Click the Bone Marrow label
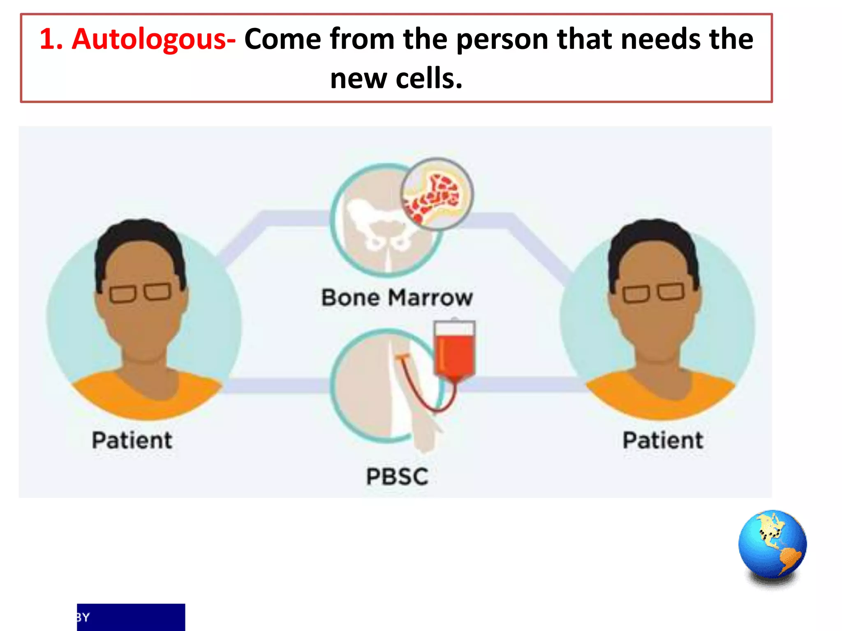(x=397, y=297)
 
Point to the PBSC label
(x=397, y=477)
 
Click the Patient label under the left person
(x=132, y=440)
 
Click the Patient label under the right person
(x=662, y=440)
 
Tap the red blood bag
(x=455, y=353)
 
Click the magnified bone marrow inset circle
(x=437, y=194)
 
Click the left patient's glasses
(x=140, y=292)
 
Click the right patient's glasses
(x=653, y=292)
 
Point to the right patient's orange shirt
(x=658, y=396)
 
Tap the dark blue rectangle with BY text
(x=131, y=617)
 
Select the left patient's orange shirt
(x=144, y=396)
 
